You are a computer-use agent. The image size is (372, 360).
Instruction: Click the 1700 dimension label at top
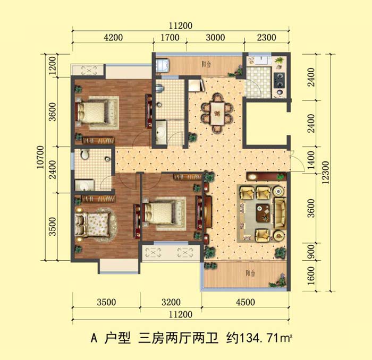pyautogui.click(x=170, y=38)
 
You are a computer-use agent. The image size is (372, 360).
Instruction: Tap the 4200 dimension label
pyautogui.click(x=113, y=38)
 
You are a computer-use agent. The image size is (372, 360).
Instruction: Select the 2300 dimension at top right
pyautogui.click(x=266, y=38)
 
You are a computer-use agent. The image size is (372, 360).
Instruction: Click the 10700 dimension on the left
pyautogui.click(x=40, y=157)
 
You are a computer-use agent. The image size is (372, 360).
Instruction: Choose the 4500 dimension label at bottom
pyautogui.click(x=246, y=302)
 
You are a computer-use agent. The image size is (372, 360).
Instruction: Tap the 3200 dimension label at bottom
pyautogui.click(x=171, y=302)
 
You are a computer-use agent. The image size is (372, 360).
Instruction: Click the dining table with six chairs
pyautogui.click(x=217, y=113)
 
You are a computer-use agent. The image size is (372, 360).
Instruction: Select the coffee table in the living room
pyautogui.click(x=263, y=212)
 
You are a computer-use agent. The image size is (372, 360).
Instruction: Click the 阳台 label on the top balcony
pyautogui.click(x=206, y=64)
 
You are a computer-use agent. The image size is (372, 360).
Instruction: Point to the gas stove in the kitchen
pyautogui.click(x=279, y=80)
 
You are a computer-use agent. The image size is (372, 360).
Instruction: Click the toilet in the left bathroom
pyautogui.click(x=84, y=155)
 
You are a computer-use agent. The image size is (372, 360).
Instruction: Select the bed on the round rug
pyautogui.click(x=92, y=224)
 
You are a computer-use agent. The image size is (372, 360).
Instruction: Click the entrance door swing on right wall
pyautogui.click(x=298, y=161)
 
